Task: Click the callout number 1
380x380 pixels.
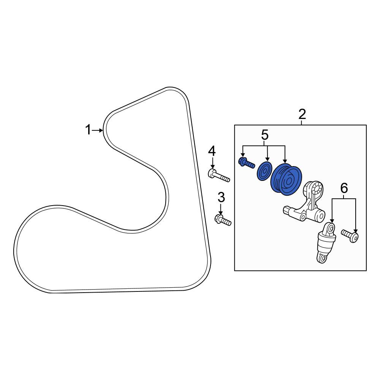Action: pyautogui.click(x=88, y=130)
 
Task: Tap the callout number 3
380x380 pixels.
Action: pyautogui.click(x=221, y=198)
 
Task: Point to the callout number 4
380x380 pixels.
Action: pyautogui.click(x=212, y=151)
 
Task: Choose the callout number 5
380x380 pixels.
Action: pyautogui.click(x=264, y=135)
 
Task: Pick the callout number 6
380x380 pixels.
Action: pyautogui.click(x=344, y=188)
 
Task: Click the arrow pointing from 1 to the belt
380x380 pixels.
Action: pyautogui.click(x=97, y=130)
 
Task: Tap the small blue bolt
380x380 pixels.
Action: pyautogui.click(x=247, y=163)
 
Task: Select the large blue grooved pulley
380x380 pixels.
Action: pyautogui.click(x=286, y=179)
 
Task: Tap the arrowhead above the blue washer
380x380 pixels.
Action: pyautogui.click(x=267, y=159)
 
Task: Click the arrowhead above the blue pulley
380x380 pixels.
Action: pyautogui.click(x=285, y=161)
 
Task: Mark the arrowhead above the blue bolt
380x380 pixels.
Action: pyautogui.click(x=242, y=155)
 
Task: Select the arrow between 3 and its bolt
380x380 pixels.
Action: pyautogui.click(x=221, y=209)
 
